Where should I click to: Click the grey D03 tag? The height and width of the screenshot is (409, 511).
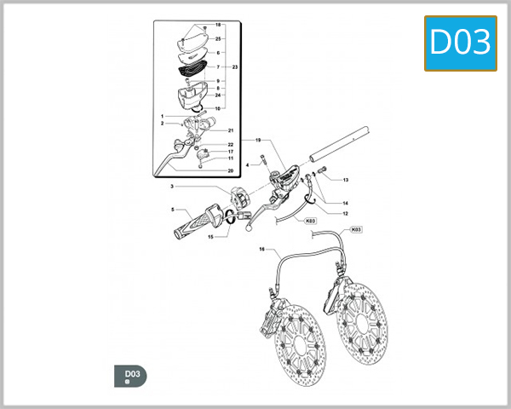tap(130, 376)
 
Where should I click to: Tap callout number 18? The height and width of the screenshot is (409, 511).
tap(218, 25)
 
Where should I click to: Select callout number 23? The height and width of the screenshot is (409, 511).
tap(234, 66)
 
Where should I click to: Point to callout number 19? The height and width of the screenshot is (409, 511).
tap(257, 139)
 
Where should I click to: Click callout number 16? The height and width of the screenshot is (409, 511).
tap(262, 251)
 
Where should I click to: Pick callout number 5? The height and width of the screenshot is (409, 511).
tap(172, 210)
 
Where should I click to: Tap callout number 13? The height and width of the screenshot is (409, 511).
tap(346, 181)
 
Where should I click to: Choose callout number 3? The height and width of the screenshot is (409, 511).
tap(172, 187)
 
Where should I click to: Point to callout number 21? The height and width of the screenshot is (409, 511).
tap(230, 130)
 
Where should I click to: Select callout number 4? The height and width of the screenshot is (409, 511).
tap(247, 164)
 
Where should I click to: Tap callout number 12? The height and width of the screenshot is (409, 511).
tap(345, 213)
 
